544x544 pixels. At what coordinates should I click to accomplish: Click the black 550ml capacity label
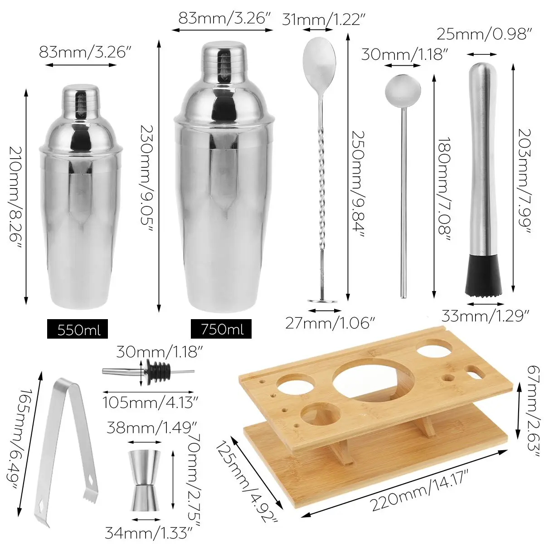click(x=78, y=329)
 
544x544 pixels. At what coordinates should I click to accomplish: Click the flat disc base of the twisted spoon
click(x=322, y=300)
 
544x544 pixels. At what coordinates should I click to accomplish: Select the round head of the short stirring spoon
click(x=403, y=89)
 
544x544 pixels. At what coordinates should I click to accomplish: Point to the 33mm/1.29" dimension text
click(x=486, y=316)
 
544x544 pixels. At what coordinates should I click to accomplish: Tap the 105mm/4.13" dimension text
click(x=150, y=402)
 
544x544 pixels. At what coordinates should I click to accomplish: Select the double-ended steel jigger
click(x=145, y=480)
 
